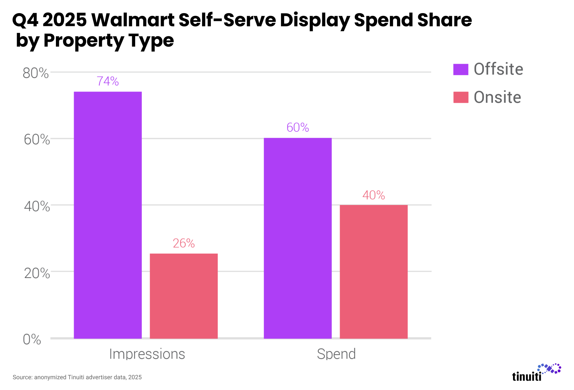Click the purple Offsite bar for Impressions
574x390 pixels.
pyautogui.click(x=108, y=215)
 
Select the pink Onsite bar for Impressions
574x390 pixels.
pyautogui.click(x=184, y=296)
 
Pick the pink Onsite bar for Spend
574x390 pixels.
pyautogui.click(x=373, y=272)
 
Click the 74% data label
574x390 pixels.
pyautogui.click(x=108, y=81)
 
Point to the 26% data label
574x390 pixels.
pyautogui.click(x=184, y=243)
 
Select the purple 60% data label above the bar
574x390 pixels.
pyautogui.click(x=297, y=127)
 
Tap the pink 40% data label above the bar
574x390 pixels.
pyautogui.click(x=373, y=195)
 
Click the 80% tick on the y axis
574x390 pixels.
pyautogui.click(x=36, y=73)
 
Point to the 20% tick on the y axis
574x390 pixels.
pyautogui.click(x=37, y=273)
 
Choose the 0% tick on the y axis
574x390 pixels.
pyautogui.click(x=32, y=339)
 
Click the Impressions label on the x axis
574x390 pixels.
pyautogui.click(x=147, y=354)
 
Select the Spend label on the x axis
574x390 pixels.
pyautogui.click(x=336, y=354)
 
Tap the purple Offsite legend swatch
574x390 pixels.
pyautogui.click(x=460, y=69)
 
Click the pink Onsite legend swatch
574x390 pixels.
pyautogui.click(x=460, y=97)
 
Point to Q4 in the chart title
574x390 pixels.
pyautogui.click(x=25, y=20)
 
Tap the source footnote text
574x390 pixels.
pyautogui.click(x=77, y=377)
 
